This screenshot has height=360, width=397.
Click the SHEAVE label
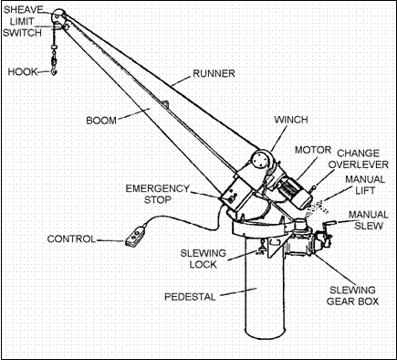pyautogui.click(x=24, y=10)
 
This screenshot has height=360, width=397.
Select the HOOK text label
pyautogui.click(x=22, y=72)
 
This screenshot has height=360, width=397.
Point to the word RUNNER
pyautogui.click(x=214, y=74)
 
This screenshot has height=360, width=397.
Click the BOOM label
pyautogui.click(x=101, y=121)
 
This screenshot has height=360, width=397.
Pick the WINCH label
pyautogui.click(x=291, y=120)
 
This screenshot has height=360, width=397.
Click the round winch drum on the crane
pyautogui.click(x=261, y=159)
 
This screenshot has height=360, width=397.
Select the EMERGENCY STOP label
pyautogui.click(x=158, y=194)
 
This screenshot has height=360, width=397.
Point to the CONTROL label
pyautogui.click(x=71, y=239)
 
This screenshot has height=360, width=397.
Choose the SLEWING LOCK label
pyautogui.click(x=203, y=259)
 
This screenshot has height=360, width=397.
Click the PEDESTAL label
pyautogui.click(x=190, y=297)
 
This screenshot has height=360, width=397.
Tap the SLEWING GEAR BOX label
pyautogui.click(x=352, y=296)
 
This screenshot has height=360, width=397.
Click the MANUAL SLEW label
pyautogui.click(x=369, y=220)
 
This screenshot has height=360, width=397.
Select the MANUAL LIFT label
pyautogui.click(x=365, y=185)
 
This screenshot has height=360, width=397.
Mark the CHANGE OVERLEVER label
pyautogui.click(x=359, y=159)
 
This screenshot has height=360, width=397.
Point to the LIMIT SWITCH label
pyautogui.click(x=22, y=27)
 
